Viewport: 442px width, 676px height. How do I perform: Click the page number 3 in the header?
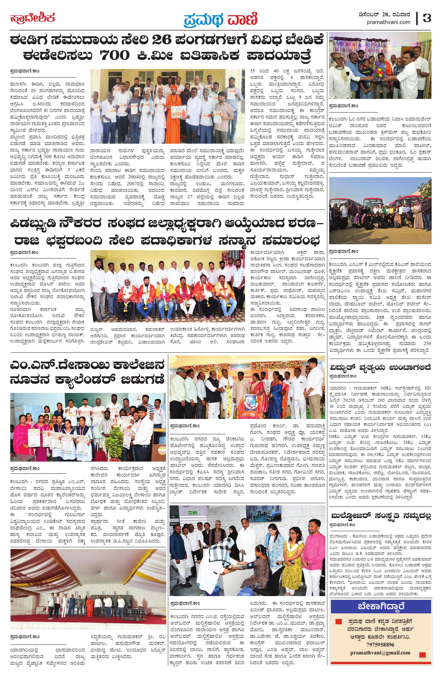point(427,18)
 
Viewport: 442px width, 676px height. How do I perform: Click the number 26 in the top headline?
point(162,40)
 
